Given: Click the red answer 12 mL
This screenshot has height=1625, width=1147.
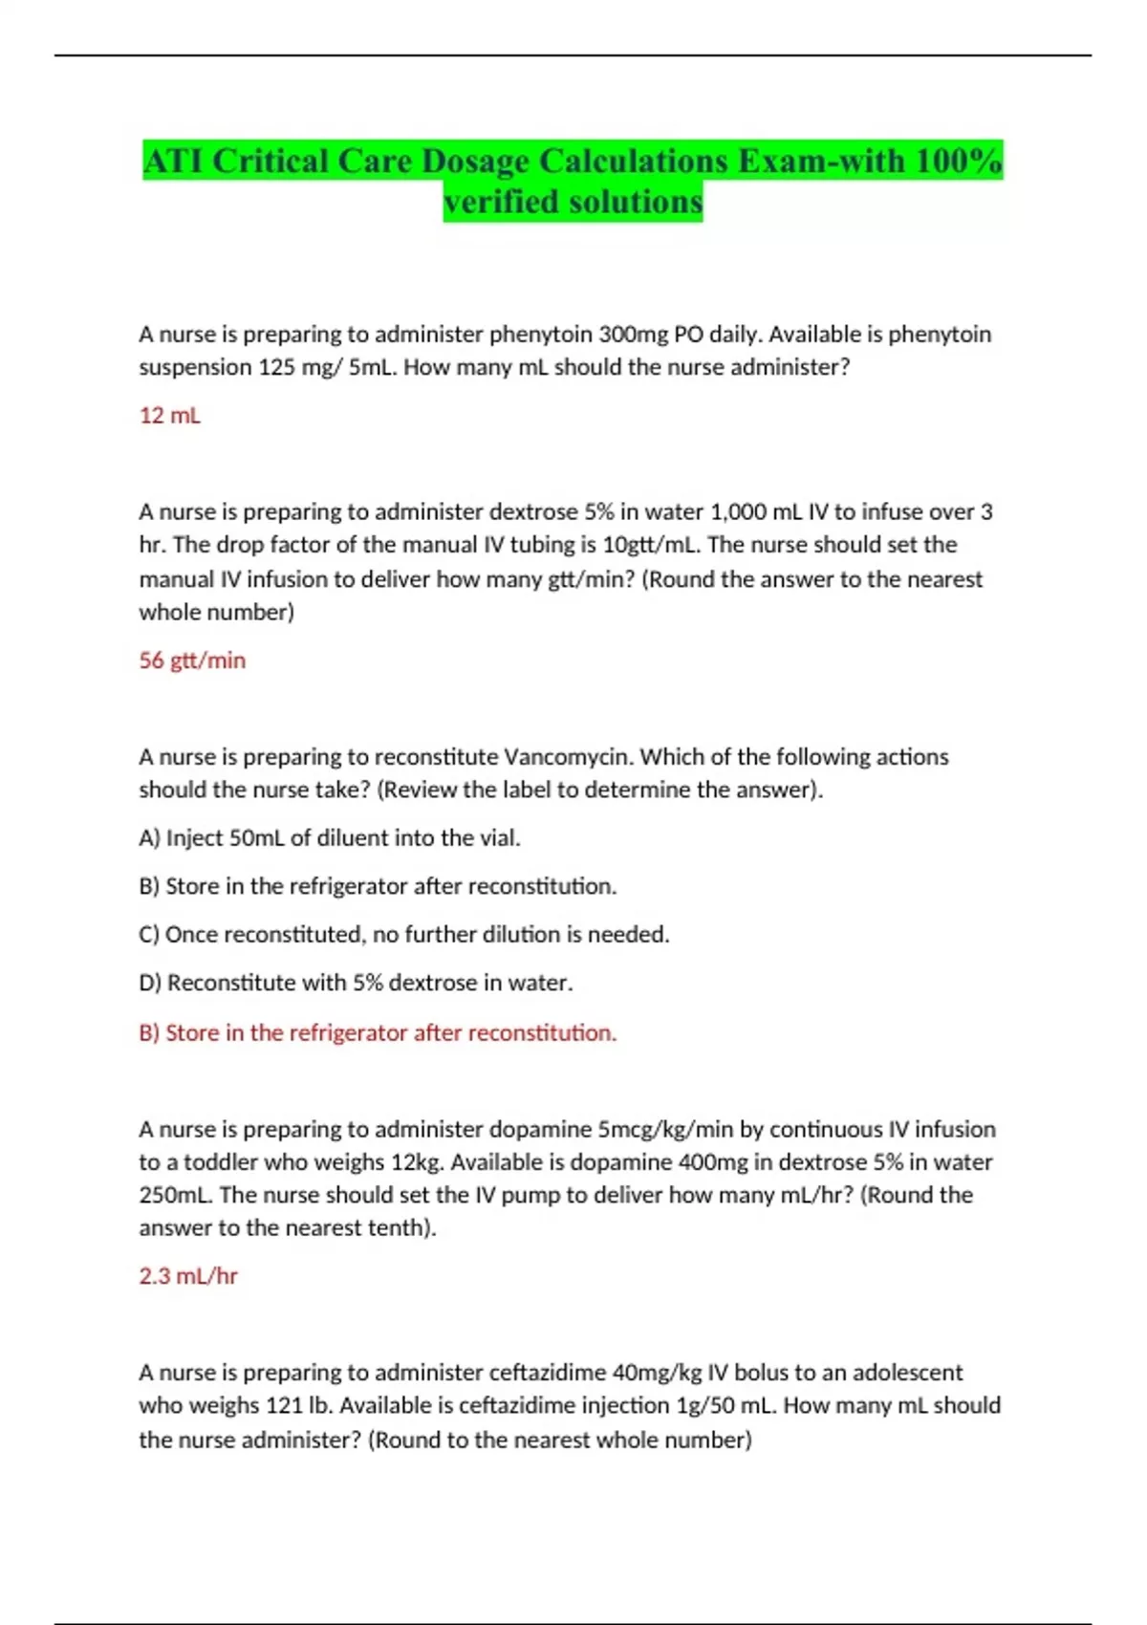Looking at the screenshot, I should pyautogui.click(x=169, y=416).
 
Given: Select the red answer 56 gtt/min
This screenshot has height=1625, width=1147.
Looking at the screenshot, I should pyautogui.click(x=192, y=661).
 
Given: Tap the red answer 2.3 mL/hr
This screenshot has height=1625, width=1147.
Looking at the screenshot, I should pyautogui.click(x=188, y=1276).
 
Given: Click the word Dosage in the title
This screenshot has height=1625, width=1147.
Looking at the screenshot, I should pyautogui.click(x=474, y=162).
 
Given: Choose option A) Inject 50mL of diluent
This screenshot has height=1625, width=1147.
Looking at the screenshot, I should pyautogui.click(x=330, y=838).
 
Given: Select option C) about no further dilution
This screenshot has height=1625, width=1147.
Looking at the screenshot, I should pyautogui.click(x=403, y=935).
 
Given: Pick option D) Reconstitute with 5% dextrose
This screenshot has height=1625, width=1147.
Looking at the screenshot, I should pyautogui.click(x=356, y=983).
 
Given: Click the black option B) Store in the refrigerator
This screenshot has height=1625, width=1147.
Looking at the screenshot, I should pyautogui.click(x=378, y=886).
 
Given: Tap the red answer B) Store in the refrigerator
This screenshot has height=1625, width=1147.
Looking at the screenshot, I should pyautogui.click(x=378, y=1033).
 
